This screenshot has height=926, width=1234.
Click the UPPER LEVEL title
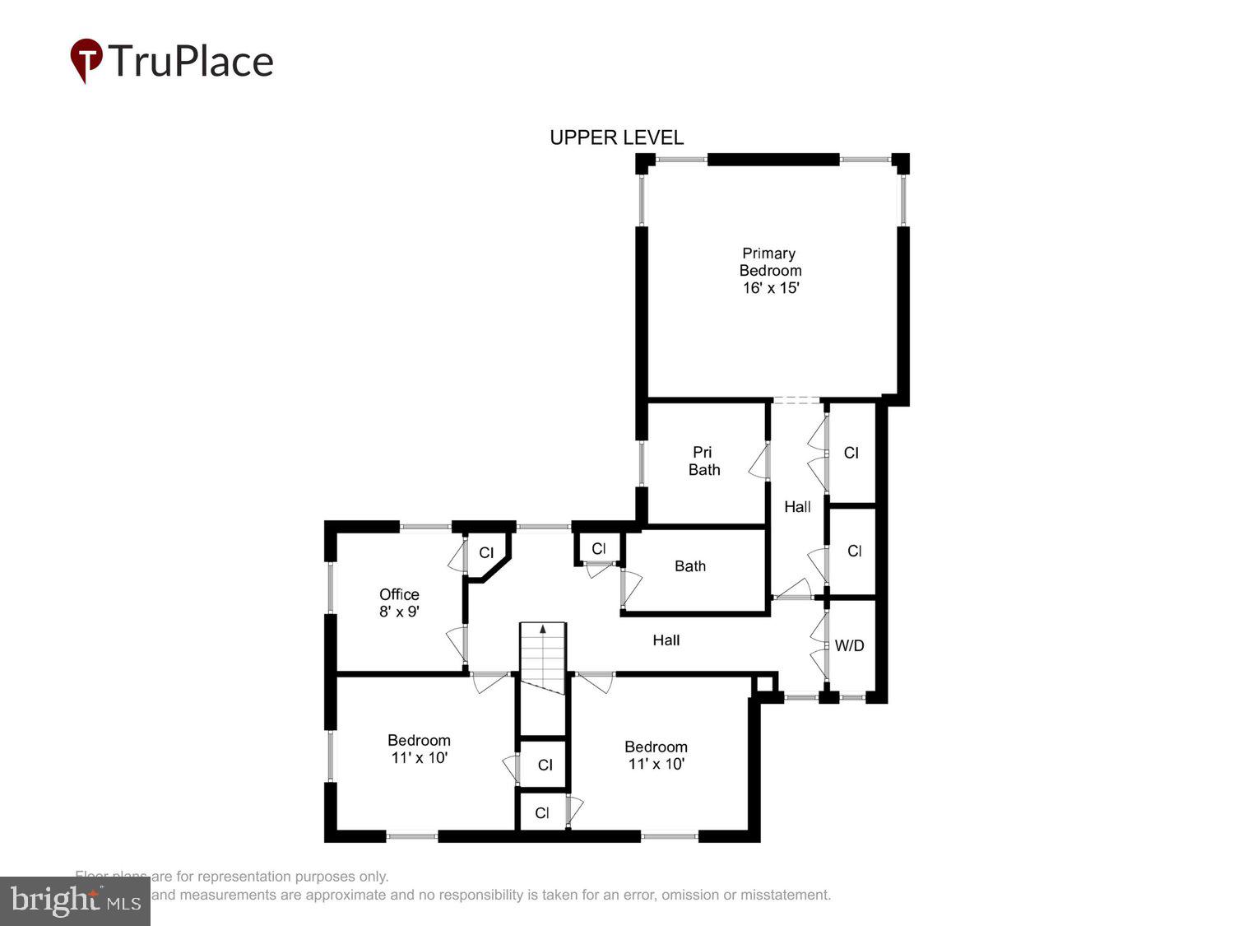point(616,137)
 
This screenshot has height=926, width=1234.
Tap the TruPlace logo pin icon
point(86,60)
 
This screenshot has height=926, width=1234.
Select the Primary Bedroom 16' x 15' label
point(770,270)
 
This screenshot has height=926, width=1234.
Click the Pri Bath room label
point(703,461)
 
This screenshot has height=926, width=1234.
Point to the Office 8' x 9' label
point(399,603)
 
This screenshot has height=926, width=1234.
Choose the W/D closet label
point(849,646)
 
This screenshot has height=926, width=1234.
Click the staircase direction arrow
point(542,630)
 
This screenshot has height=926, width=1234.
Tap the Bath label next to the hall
point(689,566)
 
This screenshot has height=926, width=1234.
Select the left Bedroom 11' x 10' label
point(419,749)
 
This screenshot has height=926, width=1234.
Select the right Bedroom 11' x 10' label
point(656,756)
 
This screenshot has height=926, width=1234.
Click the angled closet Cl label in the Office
point(486,553)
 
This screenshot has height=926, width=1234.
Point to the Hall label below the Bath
point(666,640)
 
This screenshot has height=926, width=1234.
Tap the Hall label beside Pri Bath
point(797,507)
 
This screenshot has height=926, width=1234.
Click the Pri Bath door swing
point(758,461)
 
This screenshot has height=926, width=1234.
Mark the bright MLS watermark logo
point(75,900)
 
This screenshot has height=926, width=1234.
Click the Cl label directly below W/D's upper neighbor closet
point(854,551)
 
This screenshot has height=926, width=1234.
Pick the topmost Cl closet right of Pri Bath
point(851,453)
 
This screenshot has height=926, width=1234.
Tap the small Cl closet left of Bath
point(598,549)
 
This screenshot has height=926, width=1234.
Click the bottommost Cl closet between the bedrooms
point(541,813)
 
